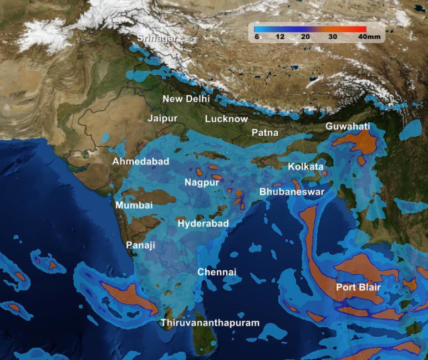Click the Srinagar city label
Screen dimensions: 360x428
(x=157, y=38)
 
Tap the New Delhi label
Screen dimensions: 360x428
(x=186, y=99)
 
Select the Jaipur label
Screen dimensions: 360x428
(x=162, y=119)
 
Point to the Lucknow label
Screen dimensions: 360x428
(x=226, y=119)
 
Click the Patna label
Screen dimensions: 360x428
(x=265, y=133)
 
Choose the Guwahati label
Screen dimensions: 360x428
(x=348, y=127)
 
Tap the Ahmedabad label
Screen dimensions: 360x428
(x=141, y=162)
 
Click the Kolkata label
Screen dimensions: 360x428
(x=305, y=166)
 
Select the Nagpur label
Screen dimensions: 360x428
(x=202, y=182)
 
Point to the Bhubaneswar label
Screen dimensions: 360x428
(x=292, y=192)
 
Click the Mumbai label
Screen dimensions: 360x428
(x=134, y=205)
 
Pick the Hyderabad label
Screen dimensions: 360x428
(x=203, y=224)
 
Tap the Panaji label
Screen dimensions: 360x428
(x=141, y=245)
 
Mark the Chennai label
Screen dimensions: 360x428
(x=217, y=272)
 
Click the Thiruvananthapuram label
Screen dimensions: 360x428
(x=210, y=323)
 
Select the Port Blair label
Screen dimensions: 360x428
(x=358, y=287)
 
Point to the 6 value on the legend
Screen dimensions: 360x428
(x=257, y=37)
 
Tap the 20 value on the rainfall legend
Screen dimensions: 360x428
(x=305, y=37)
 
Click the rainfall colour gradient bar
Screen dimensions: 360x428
(x=310, y=29)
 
